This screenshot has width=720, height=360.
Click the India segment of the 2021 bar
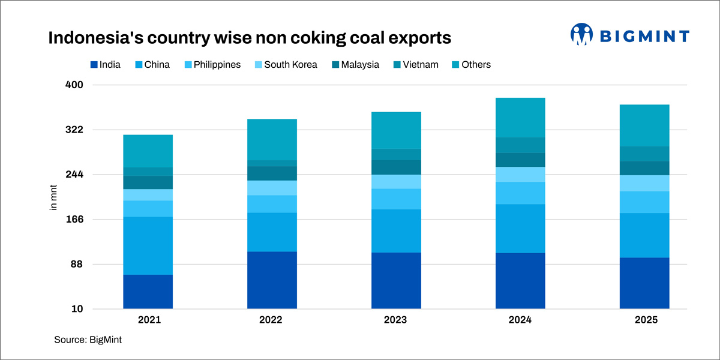[148, 292]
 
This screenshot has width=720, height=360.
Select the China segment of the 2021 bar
[148, 245]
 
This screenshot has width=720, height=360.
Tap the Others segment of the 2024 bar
[520, 117]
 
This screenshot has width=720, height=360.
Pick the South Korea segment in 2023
[396, 181]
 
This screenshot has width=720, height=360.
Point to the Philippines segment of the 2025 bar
[644, 202]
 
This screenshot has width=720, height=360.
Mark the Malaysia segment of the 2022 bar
[272, 173]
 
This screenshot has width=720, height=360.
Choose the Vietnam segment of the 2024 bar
[520, 145]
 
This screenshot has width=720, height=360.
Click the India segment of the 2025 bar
[644, 283]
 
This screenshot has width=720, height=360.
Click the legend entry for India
[105, 65]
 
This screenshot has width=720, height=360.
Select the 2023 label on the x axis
[396, 320]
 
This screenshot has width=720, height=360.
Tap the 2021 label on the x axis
[148, 320]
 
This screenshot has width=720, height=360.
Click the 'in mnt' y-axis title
[53, 197]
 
